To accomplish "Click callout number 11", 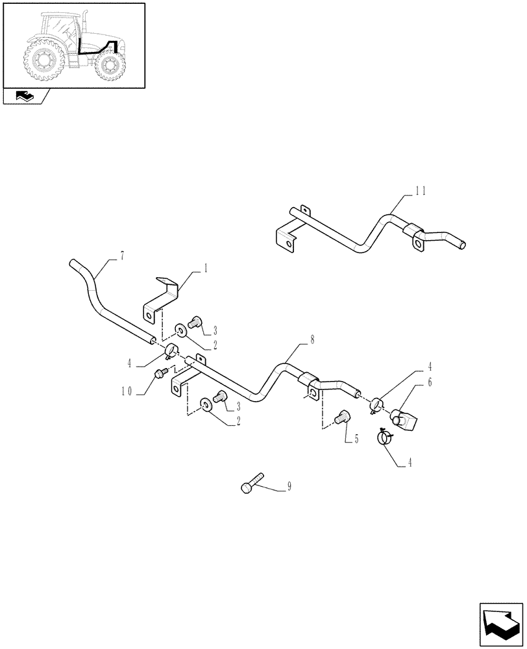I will tap(421, 190).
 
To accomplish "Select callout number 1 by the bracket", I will tap(205, 267).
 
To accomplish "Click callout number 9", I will tap(288, 486).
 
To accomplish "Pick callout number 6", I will tap(428, 383).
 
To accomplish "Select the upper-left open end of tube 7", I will tap(73, 262).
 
